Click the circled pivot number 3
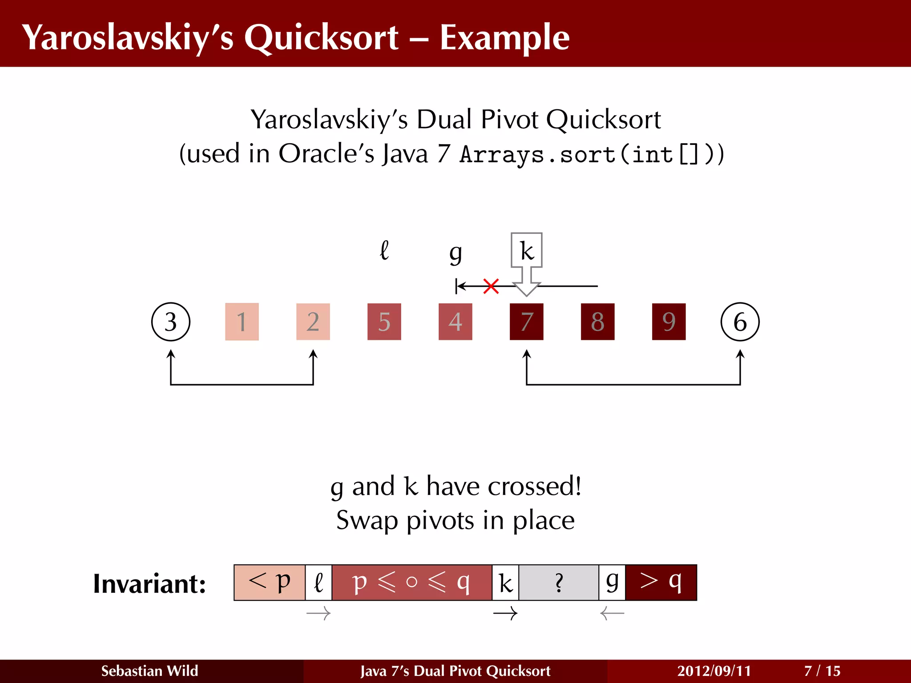click(171, 321)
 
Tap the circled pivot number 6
click(740, 321)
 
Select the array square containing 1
click(242, 321)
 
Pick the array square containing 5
click(384, 321)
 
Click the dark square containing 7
click(526, 321)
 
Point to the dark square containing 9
click(669, 321)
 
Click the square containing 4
click(455, 321)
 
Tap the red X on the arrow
click(491, 286)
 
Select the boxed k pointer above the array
click(526, 250)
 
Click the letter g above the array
click(455, 253)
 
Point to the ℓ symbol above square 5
click(384, 250)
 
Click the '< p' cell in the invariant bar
click(270, 582)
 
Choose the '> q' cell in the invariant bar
click(661, 582)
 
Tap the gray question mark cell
click(559, 582)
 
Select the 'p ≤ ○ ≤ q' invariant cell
click(411, 582)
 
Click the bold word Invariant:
click(149, 583)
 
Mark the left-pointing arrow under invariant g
click(612, 614)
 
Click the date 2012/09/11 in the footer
click(714, 671)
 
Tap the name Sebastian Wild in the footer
click(149, 671)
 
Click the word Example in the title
click(504, 37)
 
